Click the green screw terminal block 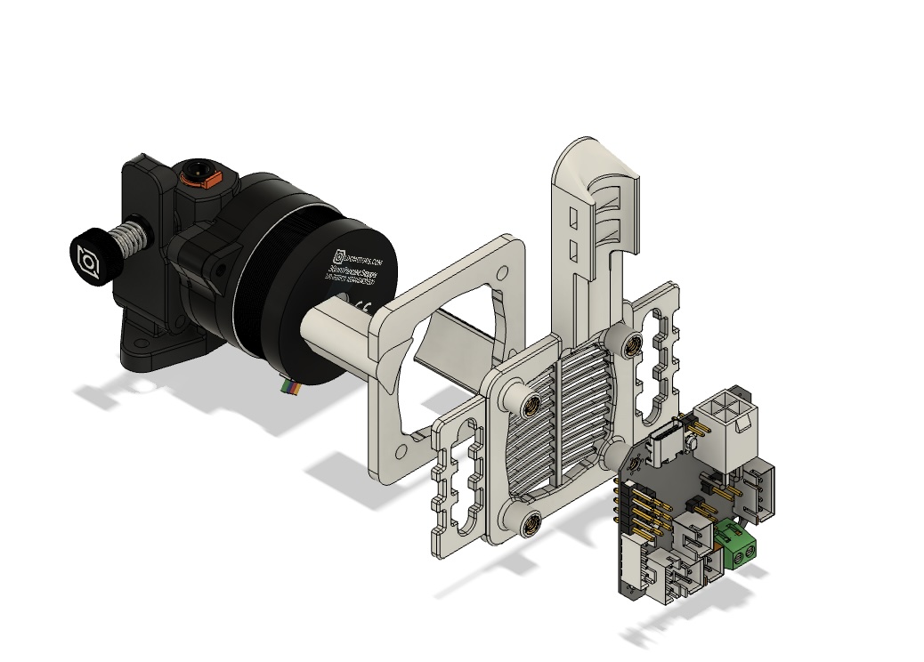pyautogui.click(x=740, y=544)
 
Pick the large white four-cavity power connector pyautogui.click(x=728, y=416)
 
